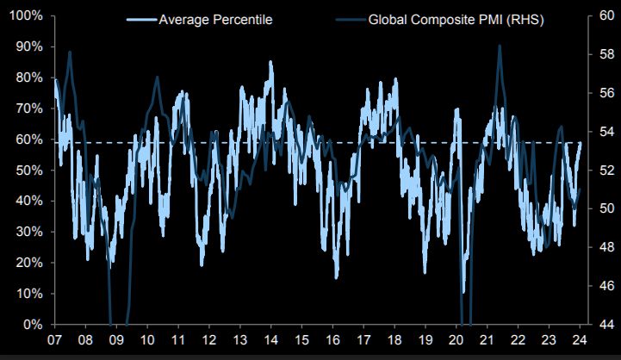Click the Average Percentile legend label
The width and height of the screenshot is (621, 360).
tap(215, 19)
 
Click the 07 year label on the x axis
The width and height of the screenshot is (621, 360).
tap(54, 342)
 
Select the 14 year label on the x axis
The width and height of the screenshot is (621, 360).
tap(270, 342)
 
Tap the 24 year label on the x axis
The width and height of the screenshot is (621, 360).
tap(581, 342)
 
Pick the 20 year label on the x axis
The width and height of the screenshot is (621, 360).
tap(456, 342)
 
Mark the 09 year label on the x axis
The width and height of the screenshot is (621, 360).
tap(116, 342)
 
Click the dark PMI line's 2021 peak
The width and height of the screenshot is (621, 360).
tap(500, 47)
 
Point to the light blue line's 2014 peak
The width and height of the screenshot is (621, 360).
tap(270, 62)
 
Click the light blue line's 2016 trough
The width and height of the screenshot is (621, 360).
tap(337, 277)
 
